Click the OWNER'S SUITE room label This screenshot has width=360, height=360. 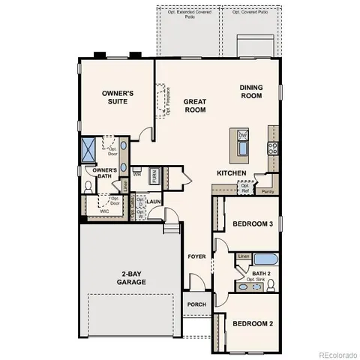(118, 97)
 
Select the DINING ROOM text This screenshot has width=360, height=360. (251, 91)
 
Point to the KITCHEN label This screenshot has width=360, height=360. (232, 173)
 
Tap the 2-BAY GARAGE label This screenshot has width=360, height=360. (130, 277)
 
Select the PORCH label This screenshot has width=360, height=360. (196, 304)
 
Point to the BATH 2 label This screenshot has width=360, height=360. (261, 274)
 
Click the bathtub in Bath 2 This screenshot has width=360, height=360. (265, 259)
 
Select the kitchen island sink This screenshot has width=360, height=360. (243, 142)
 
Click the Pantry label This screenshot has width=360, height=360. (268, 191)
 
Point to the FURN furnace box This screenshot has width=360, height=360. (154, 177)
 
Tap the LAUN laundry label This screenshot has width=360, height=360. (154, 202)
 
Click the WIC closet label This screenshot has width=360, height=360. (104, 211)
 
